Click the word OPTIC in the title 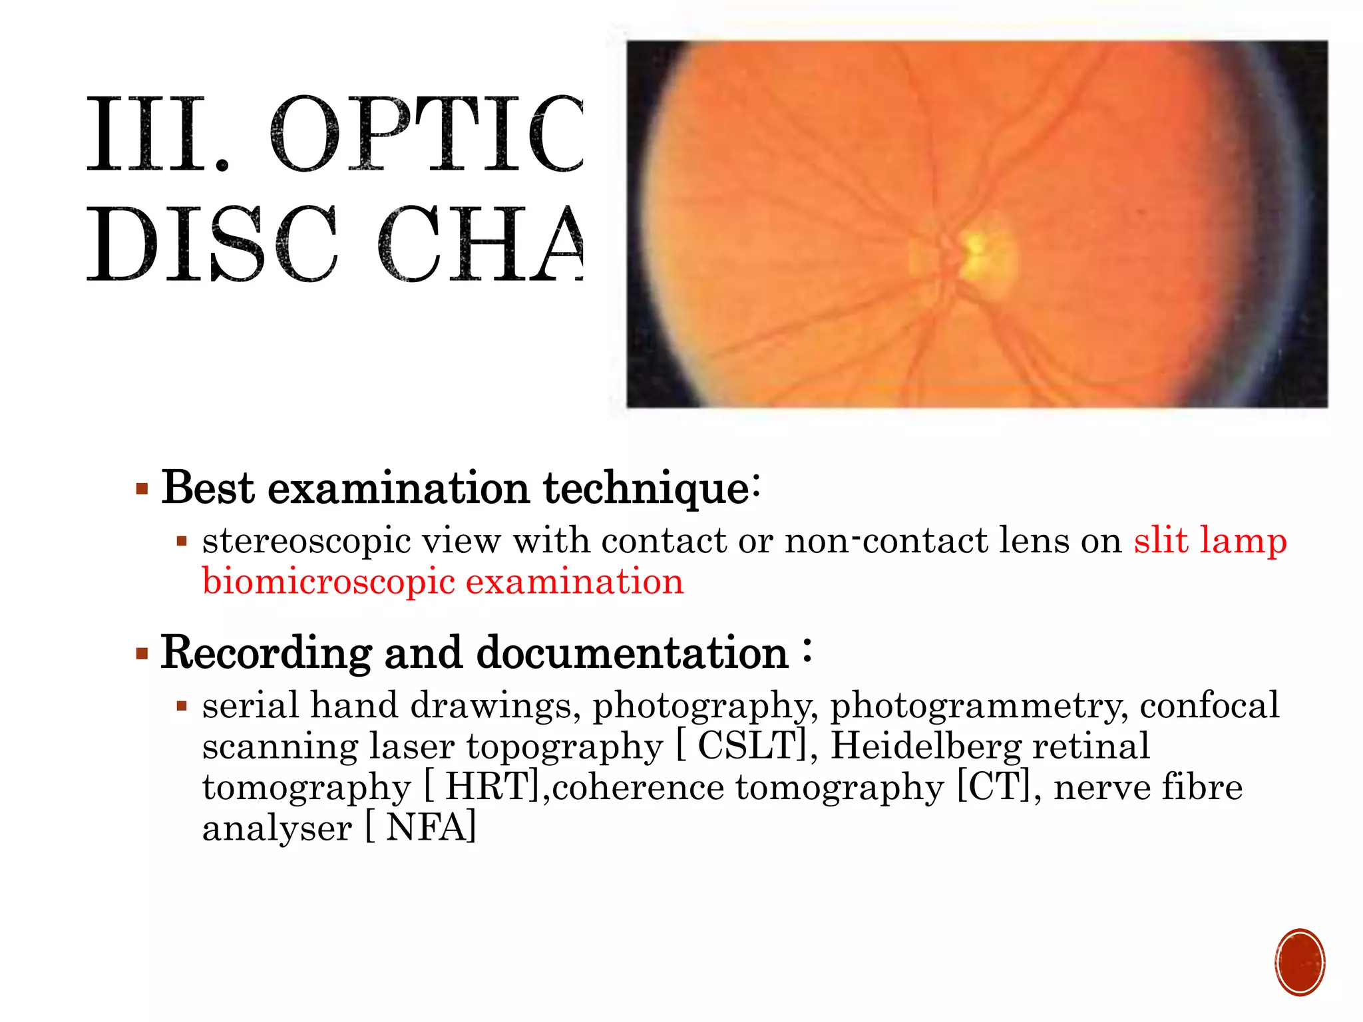[x=426, y=134]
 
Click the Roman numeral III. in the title [x=158, y=134]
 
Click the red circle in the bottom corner [x=1299, y=962]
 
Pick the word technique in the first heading [x=647, y=489]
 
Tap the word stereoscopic [x=306, y=541]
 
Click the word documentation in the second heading [x=632, y=653]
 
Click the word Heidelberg [x=926, y=746]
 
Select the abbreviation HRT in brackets [x=490, y=787]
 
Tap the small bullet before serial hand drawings [x=182, y=706]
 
